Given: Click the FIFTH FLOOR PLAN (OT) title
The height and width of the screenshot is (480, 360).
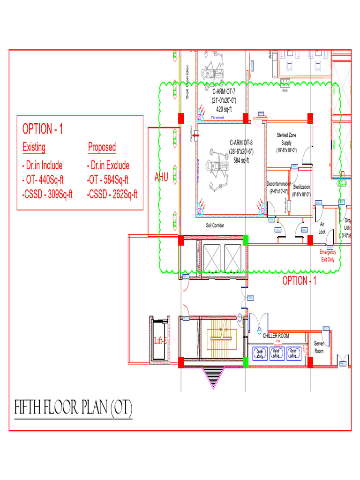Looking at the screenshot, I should (x=73, y=409).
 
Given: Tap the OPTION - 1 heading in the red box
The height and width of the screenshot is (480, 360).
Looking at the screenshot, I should (x=43, y=129).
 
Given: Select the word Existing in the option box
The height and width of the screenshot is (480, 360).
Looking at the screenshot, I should (x=34, y=147).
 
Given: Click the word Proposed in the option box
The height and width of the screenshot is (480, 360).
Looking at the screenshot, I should (x=102, y=147).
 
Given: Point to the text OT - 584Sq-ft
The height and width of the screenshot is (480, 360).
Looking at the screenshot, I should (x=108, y=180).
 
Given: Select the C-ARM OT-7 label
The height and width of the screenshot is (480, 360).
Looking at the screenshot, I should (x=224, y=91).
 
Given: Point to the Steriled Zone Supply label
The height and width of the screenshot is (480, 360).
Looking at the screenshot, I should (x=286, y=139).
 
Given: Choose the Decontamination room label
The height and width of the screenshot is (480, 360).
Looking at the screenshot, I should (x=279, y=184).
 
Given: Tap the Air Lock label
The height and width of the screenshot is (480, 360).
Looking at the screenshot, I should (x=322, y=228).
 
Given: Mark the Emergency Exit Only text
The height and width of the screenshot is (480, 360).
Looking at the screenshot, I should (x=328, y=255).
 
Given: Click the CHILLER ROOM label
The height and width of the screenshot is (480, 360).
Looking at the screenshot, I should (x=276, y=336).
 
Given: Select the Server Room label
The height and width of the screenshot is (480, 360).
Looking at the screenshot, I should (x=319, y=347).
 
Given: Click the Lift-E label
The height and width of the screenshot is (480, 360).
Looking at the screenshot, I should (x=161, y=341).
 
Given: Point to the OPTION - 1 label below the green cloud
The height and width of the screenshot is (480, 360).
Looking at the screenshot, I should (x=299, y=281).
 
